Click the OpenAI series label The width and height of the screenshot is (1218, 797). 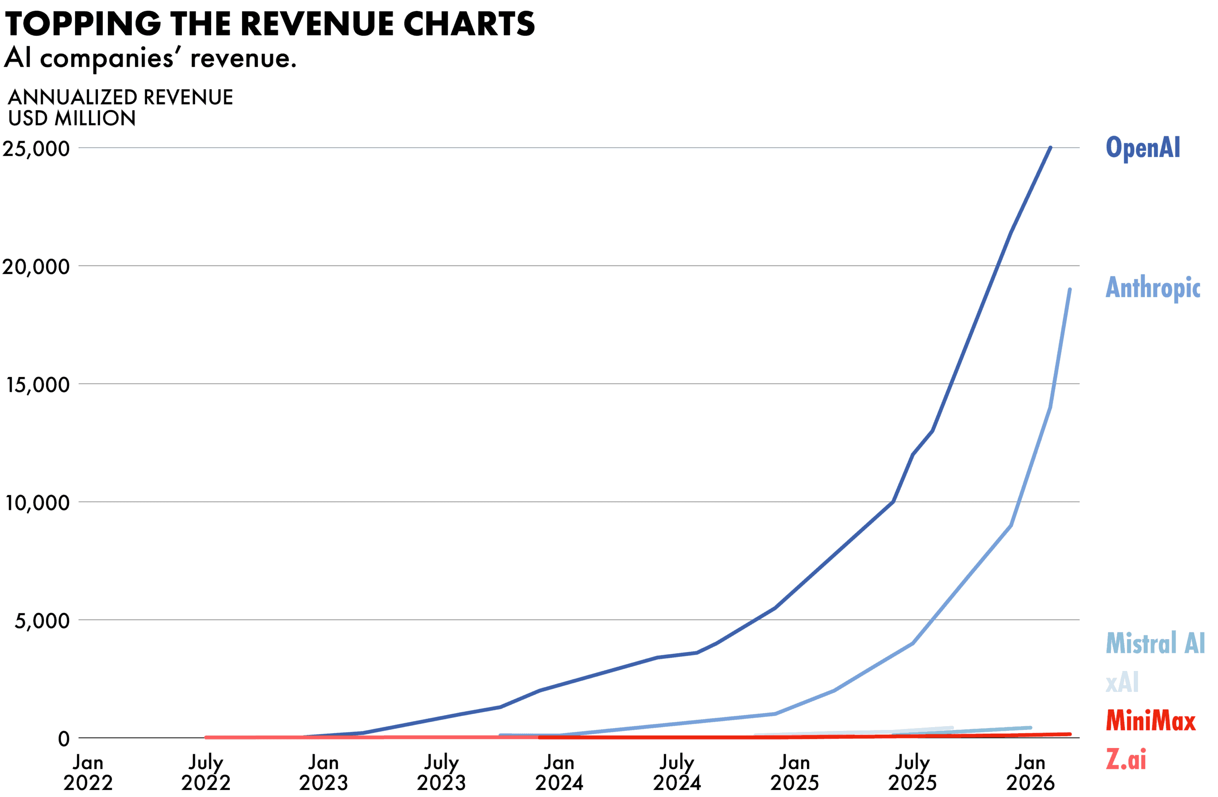click(1143, 148)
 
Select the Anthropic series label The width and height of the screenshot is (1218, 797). click(1152, 288)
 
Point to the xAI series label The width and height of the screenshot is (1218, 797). click(1122, 682)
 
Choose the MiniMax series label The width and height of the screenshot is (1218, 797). click(1150, 721)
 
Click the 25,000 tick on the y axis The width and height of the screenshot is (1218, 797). click(36, 149)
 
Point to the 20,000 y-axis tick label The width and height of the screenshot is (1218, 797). click(36, 266)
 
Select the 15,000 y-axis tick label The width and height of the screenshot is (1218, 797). click(38, 385)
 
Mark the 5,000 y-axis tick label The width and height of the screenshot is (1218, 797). click(42, 621)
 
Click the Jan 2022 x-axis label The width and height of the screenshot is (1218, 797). click(88, 772)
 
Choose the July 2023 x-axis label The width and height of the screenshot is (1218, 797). click(441, 772)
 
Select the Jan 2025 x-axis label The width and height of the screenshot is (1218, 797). click(795, 772)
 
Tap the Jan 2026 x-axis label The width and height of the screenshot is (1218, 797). click(1030, 772)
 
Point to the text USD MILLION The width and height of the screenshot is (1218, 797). click(72, 118)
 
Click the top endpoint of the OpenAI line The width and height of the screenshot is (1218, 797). click(1050, 148)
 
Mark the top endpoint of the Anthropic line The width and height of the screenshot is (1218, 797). click(1070, 290)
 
